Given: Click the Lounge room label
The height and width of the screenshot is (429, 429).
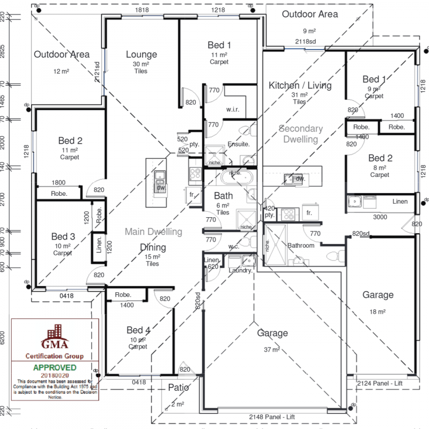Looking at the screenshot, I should tap(142, 54).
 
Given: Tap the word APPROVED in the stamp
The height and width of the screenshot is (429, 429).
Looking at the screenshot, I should tap(55, 368).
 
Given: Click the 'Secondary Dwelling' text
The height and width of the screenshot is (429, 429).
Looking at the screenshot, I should tap(301, 134).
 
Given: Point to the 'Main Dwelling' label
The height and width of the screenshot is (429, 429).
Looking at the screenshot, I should tap(153, 232).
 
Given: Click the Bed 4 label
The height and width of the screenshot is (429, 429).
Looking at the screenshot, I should tap(138, 330).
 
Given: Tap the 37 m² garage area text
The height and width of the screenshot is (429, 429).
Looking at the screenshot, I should tap(271, 350).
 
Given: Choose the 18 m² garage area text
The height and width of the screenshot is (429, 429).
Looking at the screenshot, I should tap(378, 311).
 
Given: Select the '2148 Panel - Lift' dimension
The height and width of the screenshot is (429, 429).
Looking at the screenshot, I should tap(272, 417).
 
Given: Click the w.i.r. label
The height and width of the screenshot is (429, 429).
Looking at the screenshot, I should tap(232, 109).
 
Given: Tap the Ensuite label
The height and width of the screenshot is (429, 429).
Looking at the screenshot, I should tap(239, 144).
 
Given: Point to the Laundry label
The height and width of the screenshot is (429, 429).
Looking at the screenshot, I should tap(240, 271).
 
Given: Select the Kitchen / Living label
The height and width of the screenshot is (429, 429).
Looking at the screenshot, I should tap(300, 85).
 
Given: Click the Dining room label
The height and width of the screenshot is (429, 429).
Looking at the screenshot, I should tap(153, 248).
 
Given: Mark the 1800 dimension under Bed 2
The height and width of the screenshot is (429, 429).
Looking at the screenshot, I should tap(58, 182).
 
